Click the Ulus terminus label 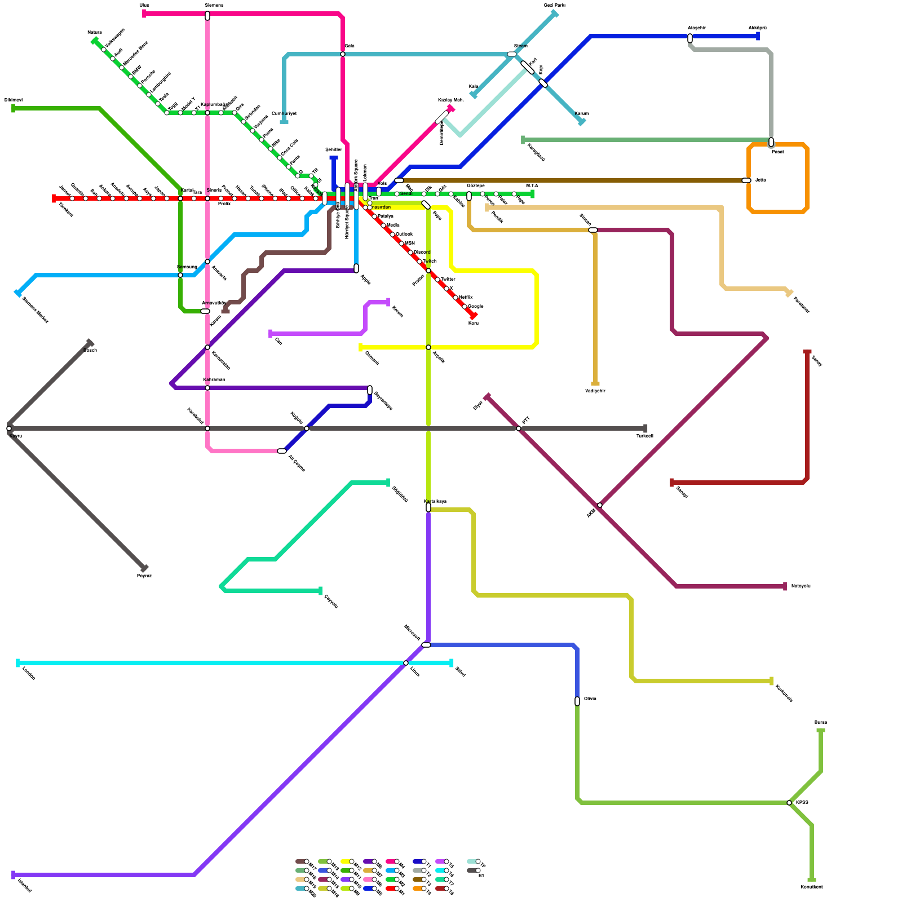144,5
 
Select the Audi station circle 113,59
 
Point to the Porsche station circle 140,86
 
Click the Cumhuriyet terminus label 284,113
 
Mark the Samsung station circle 180,275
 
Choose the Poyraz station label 144,576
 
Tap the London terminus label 28,673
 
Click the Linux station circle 406,663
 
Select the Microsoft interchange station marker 426,645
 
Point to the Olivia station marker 577,701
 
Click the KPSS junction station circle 789,803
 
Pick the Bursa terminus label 820,722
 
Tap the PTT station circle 519,428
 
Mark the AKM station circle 600,505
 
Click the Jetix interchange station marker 746,180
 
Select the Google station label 475,306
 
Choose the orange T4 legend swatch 418,888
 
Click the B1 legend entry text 481,876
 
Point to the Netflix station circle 456,298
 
